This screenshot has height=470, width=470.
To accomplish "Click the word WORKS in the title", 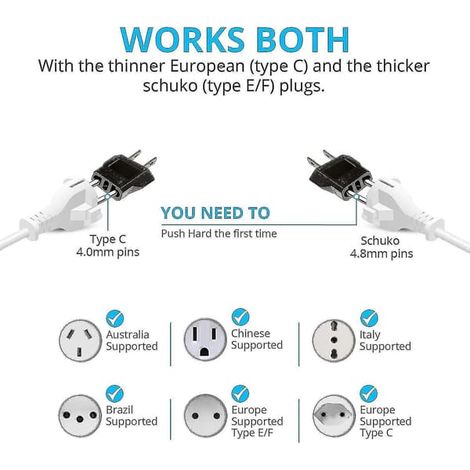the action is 183,39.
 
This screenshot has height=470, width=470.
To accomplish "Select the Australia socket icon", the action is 80,340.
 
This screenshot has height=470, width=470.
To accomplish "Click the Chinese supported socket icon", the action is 205,339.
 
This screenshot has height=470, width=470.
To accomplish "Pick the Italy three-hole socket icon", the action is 333,340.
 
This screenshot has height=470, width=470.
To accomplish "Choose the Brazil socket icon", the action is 80,416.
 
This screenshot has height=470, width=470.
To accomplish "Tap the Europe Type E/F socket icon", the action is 205,415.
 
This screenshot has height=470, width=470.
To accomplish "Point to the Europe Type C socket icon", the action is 334,416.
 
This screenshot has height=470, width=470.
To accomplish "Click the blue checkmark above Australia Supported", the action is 115,318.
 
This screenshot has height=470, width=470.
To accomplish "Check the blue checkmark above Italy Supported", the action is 369,318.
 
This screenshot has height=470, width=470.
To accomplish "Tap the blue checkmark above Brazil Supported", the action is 115,393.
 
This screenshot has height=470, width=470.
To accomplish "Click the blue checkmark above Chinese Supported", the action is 240,317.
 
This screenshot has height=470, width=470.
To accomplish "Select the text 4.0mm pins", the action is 108,252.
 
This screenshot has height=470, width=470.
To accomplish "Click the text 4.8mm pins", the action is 381,254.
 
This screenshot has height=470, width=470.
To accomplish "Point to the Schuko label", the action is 380,241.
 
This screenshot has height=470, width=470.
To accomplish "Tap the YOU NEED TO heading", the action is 215,213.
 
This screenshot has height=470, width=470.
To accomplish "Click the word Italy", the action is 370,335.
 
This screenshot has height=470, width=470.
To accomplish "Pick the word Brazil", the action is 119,410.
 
